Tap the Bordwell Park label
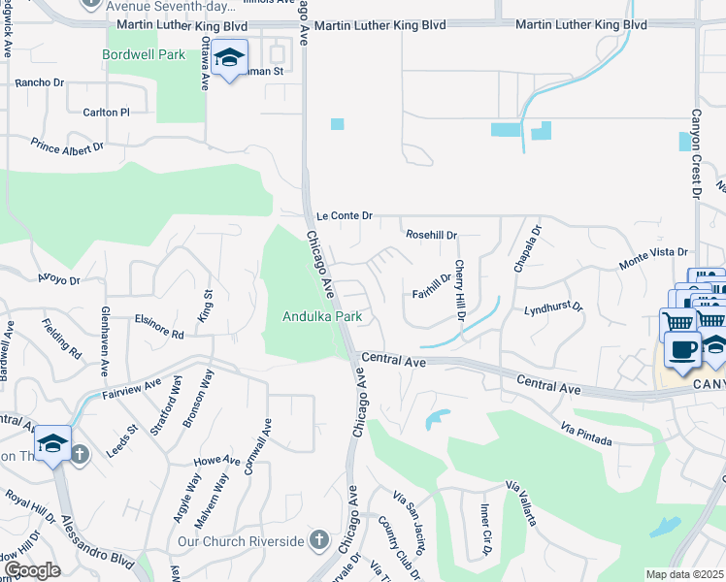[144, 55]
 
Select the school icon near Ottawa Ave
[230, 60]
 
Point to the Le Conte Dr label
[344, 215]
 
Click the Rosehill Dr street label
[431, 235]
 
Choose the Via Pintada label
[587, 434]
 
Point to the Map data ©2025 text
[685, 574]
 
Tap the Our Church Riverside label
[242, 540]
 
